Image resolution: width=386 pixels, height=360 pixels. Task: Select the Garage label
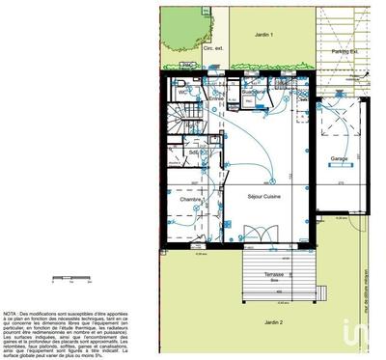pos(339,158)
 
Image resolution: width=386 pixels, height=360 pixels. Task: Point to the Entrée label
pos(215,98)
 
